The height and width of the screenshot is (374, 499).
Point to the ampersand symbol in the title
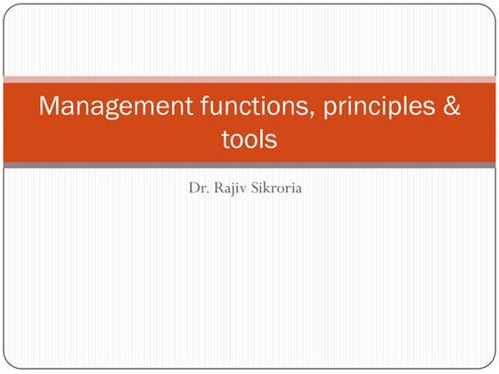451,107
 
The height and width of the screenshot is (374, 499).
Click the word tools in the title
249,140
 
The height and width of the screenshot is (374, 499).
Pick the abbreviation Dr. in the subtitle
198,189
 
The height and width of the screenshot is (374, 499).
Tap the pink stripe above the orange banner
250,79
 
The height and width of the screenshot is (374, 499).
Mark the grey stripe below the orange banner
250,165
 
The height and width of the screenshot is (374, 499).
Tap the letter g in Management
111,110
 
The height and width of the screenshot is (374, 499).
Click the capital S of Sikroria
254,189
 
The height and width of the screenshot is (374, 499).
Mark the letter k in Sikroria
266,189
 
